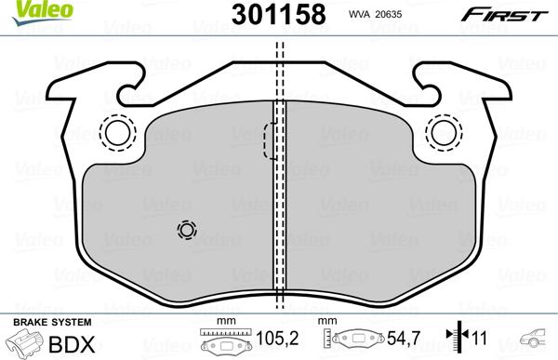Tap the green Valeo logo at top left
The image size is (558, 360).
(x=31, y=10)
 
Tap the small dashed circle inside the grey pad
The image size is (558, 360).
(x=187, y=230)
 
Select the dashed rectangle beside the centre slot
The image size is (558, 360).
(x=268, y=140)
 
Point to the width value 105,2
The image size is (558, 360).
(x=270, y=340)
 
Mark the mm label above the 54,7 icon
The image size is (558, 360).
(x=326, y=322)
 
